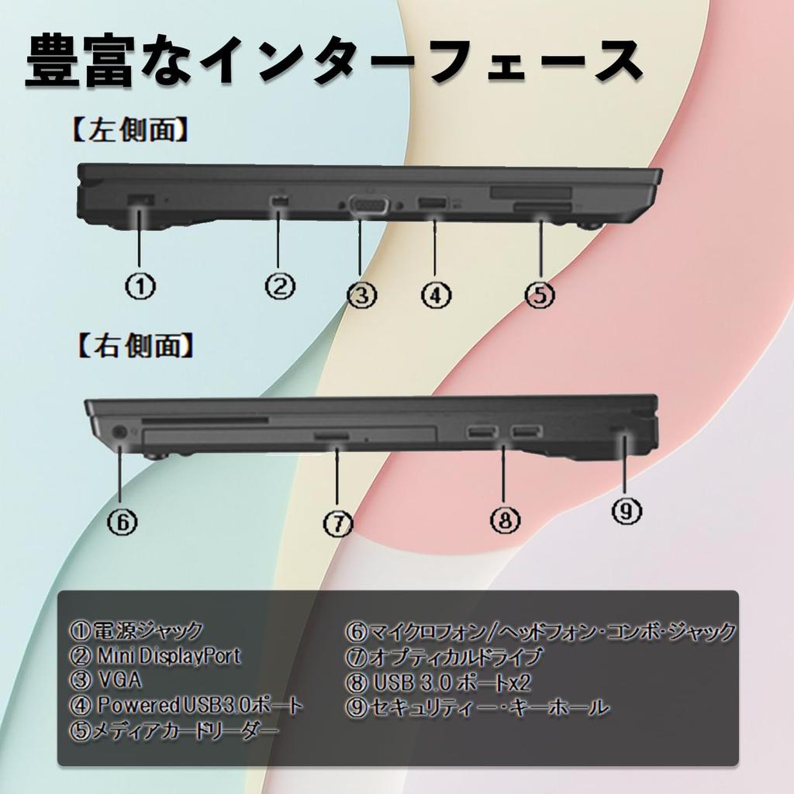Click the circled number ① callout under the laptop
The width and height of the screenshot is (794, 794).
140,286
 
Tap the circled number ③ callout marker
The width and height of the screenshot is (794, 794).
361,295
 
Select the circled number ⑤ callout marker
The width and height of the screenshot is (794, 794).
540,295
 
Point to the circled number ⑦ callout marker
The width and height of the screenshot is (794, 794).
338,523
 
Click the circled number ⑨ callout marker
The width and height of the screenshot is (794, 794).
627,511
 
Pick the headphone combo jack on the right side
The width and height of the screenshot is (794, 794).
119,432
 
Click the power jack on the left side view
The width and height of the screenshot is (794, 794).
140,200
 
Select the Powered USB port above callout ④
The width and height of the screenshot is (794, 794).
433,204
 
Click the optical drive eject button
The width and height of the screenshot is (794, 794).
331,435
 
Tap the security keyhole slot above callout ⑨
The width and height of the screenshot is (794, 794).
624,430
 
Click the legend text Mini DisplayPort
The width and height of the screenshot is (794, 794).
169,656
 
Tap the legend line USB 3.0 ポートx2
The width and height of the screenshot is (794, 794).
451,682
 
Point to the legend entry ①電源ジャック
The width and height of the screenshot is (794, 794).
136,630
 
